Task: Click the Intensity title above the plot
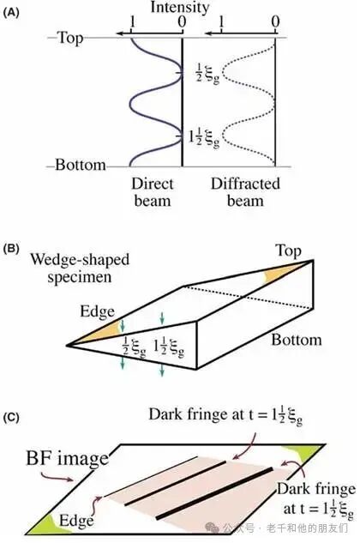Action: (x=180, y=8)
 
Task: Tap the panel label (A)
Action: (x=11, y=13)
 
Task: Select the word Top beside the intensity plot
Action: (x=70, y=38)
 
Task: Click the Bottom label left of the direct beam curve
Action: (x=81, y=165)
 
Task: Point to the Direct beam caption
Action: (x=153, y=192)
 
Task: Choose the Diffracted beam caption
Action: (x=245, y=192)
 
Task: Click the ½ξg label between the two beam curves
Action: (x=207, y=73)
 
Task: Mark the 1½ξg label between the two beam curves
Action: (x=204, y=137)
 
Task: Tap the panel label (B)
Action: (x=11, y=250)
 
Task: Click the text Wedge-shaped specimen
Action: (x=80, y=268)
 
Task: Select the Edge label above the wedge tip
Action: (x=97, y=311)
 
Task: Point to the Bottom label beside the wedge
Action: (x=297, y=340)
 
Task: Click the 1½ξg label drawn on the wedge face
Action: (x=169, y=347)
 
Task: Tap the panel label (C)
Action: (x=11, y=418)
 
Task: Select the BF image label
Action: (x=68, y=459)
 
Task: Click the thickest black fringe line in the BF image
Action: (x=214, y=493)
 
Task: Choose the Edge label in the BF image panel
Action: (x=76, y=521)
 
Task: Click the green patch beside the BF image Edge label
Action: (x=42, y=524)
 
